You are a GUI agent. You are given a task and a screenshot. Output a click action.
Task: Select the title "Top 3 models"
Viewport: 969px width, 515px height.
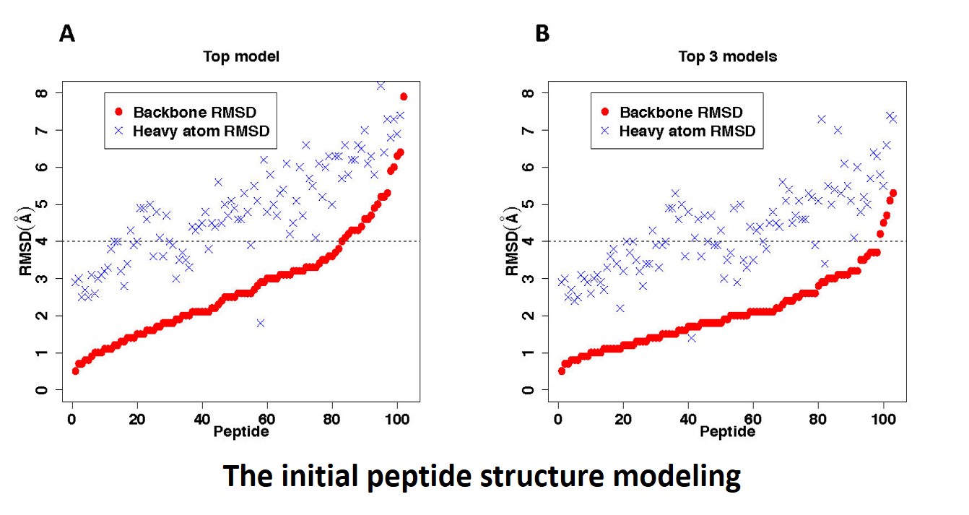(727, 56)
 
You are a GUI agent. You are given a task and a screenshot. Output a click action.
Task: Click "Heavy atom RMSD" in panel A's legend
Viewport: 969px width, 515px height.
(204, 131)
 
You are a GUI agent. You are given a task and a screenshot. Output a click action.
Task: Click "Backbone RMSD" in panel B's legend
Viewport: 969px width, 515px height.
(681, 112)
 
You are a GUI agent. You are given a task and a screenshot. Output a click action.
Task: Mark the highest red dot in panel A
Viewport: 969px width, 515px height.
(404, 97)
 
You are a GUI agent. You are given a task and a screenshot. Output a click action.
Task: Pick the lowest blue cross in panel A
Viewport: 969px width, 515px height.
(261, 323)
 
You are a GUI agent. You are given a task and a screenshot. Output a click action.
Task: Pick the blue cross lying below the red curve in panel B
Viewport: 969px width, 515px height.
(691, 337)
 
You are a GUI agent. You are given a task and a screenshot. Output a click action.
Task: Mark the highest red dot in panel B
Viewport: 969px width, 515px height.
(893, 193)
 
